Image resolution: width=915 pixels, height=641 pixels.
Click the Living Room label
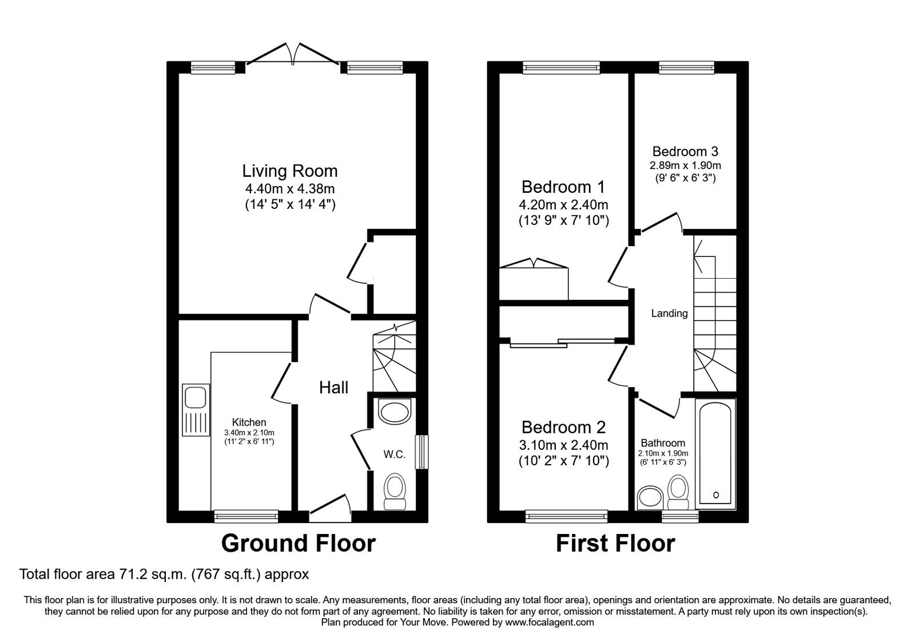(x=290, y=171)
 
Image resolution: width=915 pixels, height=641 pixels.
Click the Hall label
(x=333, y=387)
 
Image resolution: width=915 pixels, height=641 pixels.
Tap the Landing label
(x=669, y=313)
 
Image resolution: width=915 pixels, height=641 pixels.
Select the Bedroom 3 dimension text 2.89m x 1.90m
(x=685, y=166)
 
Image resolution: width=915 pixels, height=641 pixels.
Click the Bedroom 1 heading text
(x=563, y=187)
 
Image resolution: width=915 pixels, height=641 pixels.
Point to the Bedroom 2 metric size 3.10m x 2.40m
(x=563, y=445)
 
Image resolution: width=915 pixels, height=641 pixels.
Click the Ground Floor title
(x=298, y=543)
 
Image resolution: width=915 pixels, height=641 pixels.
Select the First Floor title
(x=615, y=543)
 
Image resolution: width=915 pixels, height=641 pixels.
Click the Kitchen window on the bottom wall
(x=246, y=516)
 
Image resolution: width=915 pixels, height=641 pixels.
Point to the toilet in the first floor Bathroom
(x=678, y=493)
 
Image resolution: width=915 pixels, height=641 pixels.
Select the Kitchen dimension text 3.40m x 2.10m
(x=250, y=433)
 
